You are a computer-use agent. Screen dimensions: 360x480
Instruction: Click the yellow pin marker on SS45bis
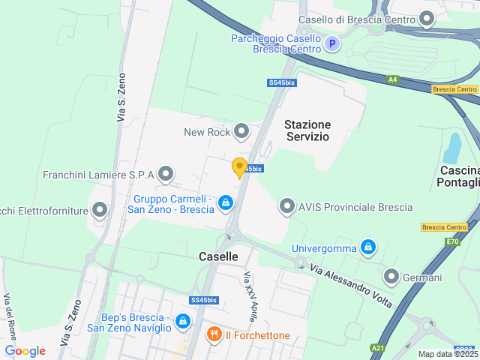click(240, 167)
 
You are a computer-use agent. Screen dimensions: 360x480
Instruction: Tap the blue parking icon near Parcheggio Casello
click(333, 44)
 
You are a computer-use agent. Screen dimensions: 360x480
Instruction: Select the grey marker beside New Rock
click(241, 132)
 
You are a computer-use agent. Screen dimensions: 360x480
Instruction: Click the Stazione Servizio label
click(307, 130)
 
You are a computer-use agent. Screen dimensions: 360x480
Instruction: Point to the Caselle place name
click(218, 256)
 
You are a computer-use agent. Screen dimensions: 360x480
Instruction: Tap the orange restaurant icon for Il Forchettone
click(214, 334)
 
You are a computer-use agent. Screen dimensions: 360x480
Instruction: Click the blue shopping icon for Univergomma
click(367, 247)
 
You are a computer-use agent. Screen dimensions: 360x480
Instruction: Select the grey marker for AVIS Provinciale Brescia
click(286, 206)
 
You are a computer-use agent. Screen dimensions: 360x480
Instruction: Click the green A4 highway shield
click(392, 79)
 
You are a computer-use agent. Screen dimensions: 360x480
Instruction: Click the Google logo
click(25, 350)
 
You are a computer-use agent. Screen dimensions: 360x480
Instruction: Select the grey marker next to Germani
click(390, 277)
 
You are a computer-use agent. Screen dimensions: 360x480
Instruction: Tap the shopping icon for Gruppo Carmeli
click(226, 203)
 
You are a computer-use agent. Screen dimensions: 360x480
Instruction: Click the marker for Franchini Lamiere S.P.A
click(166, 175)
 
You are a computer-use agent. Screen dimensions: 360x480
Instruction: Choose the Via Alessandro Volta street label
click(351, 286)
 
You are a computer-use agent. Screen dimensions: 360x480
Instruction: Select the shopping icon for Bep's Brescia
click(182, 322)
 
